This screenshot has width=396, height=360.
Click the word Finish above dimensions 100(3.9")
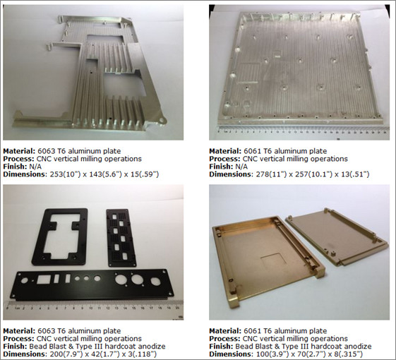pos(223,346)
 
